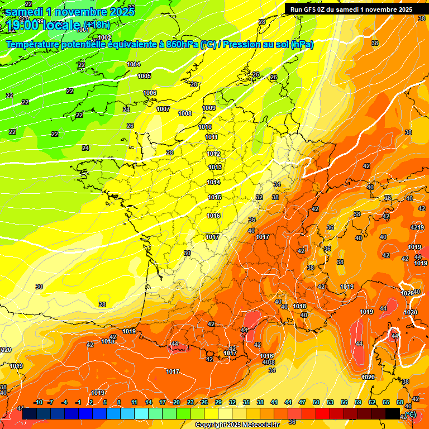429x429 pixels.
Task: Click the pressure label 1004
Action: pos(134,64)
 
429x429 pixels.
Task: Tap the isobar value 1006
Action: pos(150,93)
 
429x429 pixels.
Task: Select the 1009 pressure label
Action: pos(209,108)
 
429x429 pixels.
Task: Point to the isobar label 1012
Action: pos(214,154)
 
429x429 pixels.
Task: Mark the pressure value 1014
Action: pos(214,182)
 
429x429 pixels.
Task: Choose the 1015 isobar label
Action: pos(215,197)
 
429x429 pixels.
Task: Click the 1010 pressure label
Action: pos(205,127)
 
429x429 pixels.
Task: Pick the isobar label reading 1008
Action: pos(185,113)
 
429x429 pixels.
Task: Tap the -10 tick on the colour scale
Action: pos(39,402)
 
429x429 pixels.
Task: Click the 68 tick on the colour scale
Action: pos(400,402)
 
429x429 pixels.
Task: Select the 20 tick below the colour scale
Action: pos(176,402)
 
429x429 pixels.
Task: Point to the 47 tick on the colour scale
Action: pos(302,402)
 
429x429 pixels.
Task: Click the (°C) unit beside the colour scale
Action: pos(411,414)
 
